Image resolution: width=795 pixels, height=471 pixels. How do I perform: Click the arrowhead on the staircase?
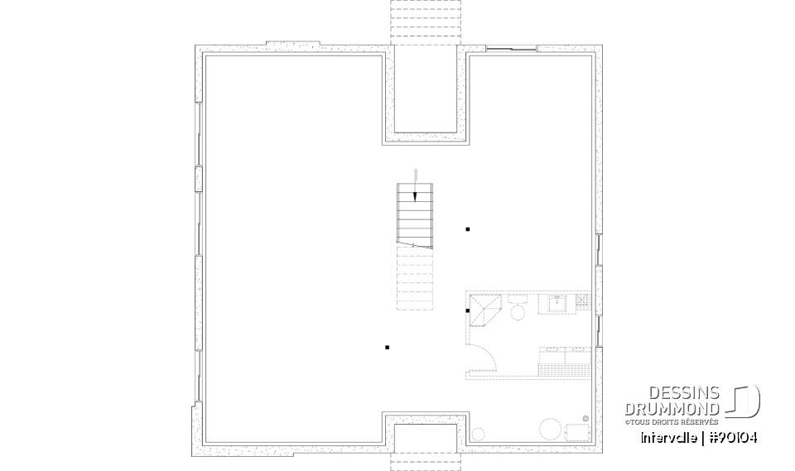(x=416, y=196)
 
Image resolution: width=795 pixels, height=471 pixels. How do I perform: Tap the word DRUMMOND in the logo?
(x=683, y=409)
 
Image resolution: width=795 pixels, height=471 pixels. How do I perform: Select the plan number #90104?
(x=731, y=437)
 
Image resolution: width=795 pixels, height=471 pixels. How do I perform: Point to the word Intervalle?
(x=668, y=437)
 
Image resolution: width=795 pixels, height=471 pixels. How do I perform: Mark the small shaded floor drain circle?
(x=585, y=419)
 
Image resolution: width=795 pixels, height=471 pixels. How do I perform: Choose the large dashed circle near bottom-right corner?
(x=550, y=430)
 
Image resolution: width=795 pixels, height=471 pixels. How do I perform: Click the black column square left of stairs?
(x=387, y=348)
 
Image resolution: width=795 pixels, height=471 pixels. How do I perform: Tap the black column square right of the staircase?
(x=468, y=228)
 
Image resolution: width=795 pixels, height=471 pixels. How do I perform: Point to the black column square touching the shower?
(x=468, y=310)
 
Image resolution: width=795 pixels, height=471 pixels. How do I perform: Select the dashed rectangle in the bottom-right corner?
(x=577, y=432)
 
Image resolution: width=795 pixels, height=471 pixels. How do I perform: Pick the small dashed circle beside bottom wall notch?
(x=478, y=433)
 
